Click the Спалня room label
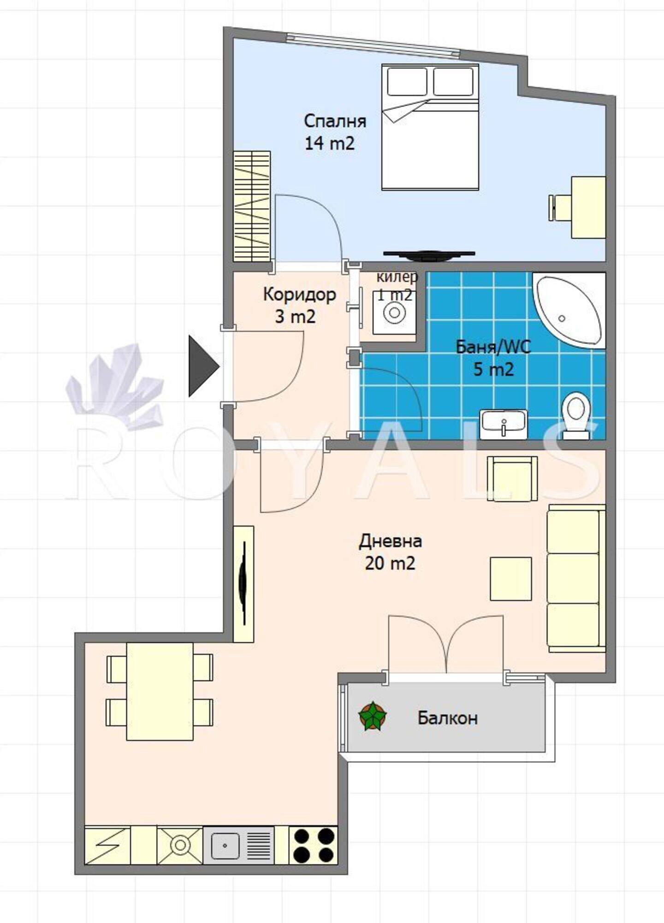tap(335, 121)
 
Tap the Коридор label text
tap(299, 294)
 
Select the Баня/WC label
tap(493, 347)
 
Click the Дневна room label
tap(390, 541)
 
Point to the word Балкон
tap(447, 718)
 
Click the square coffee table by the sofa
tap(510, 579)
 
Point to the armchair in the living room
tap(512, 479)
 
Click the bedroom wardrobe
tap(252, 206)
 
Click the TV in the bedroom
tap(429, 255)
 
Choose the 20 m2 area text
tap(390, 563)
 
